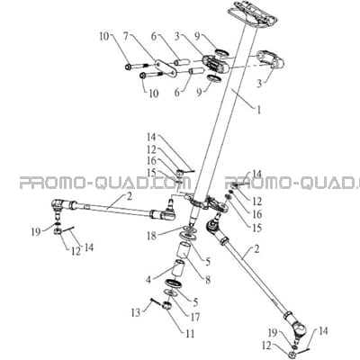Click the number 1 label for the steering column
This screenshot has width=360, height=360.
click(258, 110)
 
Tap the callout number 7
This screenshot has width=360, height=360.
click(126, 37)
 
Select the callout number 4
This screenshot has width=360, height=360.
click(148, 280)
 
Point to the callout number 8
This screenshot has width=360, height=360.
click(208, 280)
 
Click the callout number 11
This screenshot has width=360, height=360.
click(190, 333)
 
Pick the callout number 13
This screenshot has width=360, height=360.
click(136, 312)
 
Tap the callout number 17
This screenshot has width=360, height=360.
click(195, 317)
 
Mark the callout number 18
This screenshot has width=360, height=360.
click(152, 236)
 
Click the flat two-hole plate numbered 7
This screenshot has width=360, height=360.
click(166, 67)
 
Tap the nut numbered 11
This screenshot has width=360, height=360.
click(167, 307)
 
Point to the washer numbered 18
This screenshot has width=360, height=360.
click(188, 229)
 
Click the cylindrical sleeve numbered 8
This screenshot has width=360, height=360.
click(185, 251)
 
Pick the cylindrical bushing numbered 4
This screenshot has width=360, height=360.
click(176, 269)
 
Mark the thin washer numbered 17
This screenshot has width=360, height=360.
click(171, 292)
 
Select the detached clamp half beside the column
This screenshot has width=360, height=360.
click(271, 60)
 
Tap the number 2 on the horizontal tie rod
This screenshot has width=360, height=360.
click(129, 197)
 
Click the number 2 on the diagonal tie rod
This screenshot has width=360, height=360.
click(256, 249)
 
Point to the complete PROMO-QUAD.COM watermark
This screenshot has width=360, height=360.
click(105, 183)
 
